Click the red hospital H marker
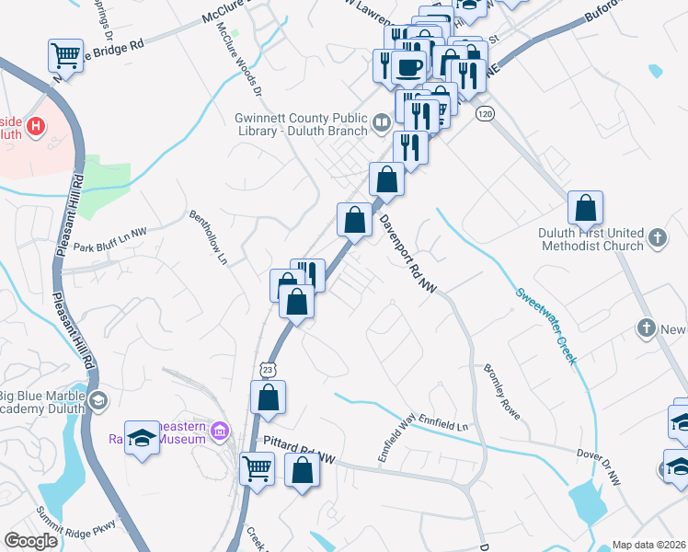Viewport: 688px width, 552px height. [36, 125]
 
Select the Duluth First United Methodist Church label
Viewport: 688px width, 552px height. [591, 239]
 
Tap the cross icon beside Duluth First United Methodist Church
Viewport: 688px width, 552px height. [657, 238]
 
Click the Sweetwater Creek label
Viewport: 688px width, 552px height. [545, 326]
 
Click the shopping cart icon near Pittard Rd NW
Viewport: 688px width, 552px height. [258, 467]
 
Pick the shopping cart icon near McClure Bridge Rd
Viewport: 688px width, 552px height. [66, 55]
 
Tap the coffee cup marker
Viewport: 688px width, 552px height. [407, 66]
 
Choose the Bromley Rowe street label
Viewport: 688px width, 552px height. [502, 392]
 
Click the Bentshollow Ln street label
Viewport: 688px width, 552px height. [209, 238]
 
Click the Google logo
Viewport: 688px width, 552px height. [30, 541]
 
